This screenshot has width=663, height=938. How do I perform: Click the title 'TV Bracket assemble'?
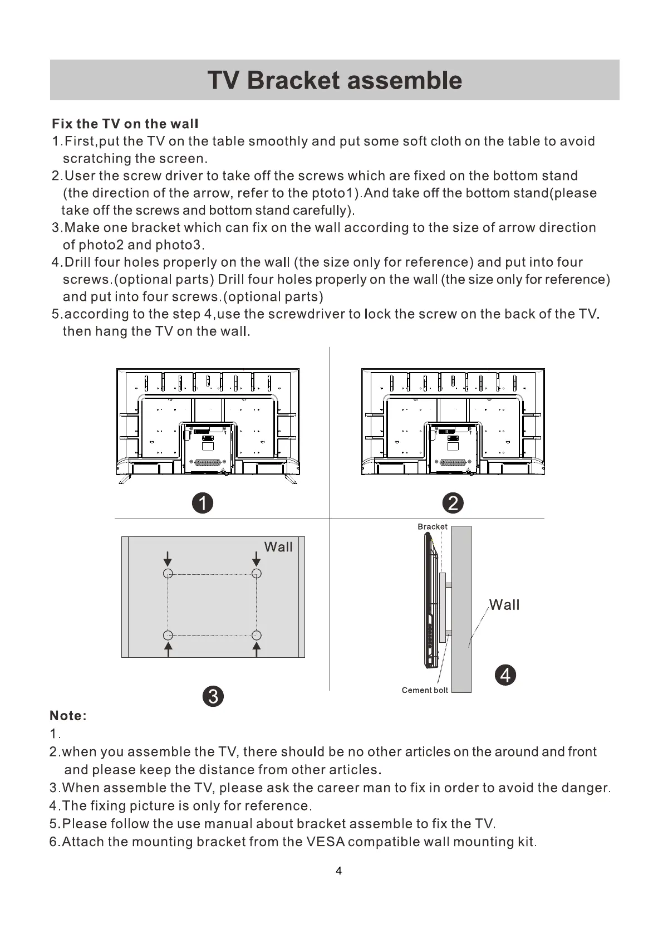[x=335, y=80]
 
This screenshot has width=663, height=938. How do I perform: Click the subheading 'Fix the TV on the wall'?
[x=125, y=124]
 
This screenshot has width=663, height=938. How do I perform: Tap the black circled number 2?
[x=453, y=503]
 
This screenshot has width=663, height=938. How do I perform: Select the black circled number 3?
[x=213, y=696]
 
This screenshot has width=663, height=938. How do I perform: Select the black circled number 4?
[x=505, y=675]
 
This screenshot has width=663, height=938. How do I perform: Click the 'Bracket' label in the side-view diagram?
[x=432, y=526]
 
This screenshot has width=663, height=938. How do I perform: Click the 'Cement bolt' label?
[x=425, y=690]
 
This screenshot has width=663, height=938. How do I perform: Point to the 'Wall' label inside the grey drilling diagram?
[x=278, y=547]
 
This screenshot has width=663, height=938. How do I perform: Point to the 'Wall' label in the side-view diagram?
[x=504, y=605]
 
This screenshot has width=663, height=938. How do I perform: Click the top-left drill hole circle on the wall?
[x=168, y=574]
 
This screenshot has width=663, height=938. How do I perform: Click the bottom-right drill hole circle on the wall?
[x=256, y=635]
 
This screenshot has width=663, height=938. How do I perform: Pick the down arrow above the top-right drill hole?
[x=256, y=559]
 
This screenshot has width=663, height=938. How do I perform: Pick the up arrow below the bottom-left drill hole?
[x=168, y=649]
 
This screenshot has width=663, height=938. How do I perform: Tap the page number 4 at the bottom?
[x=339, y=871]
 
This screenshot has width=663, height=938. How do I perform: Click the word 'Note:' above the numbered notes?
[x=68, y=716]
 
